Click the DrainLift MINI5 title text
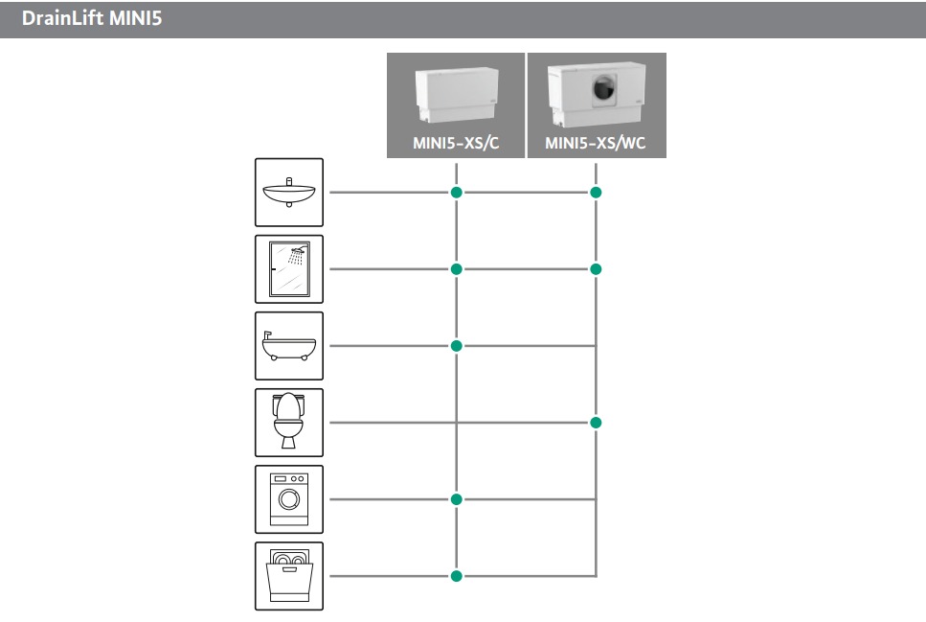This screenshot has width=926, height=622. [x=92, y=18]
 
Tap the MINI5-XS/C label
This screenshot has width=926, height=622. [x=456, y=143]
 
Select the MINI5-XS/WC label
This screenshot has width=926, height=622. [x=596, y=143]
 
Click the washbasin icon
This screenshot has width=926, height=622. [x=289, y=192]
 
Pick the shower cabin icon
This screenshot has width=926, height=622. [x=289, y=269]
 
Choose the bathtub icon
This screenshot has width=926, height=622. [x=289, y=346]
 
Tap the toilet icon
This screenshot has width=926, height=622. [x=289, y=423]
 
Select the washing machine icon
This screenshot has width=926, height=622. [x=289, y=499]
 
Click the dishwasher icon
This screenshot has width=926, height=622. [x=289, y=576]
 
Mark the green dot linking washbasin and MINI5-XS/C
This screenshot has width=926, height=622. [x=457, y=192]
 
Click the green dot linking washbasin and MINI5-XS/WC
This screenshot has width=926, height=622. [x=596, y=192]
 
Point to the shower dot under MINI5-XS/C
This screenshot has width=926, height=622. [x=457, y=269]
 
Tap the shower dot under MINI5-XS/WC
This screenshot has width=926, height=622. [x=596, y=269]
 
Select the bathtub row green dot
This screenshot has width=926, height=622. [x=457, y=346]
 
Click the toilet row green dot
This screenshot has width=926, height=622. [x=596, y=423]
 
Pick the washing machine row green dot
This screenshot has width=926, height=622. [x=457, y=499]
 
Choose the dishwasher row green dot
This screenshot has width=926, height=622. [x=457, y=576]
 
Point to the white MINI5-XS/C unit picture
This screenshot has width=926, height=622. [x=457, y=95]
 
